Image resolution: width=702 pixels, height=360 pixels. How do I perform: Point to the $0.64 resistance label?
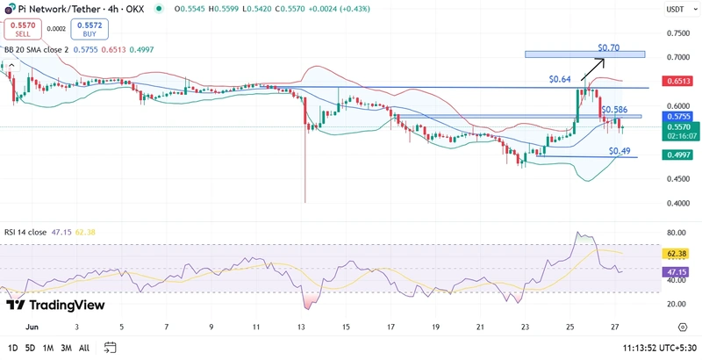tap(560, 79)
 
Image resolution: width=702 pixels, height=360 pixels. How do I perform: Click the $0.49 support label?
tap(620, 151)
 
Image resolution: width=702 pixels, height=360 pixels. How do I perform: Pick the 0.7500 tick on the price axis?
tap(677, 33)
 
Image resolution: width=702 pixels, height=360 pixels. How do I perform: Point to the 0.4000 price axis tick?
tap(677, 203)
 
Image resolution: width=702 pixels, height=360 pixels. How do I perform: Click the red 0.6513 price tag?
tap(677, 81)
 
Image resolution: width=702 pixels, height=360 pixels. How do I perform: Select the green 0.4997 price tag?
tap(677, 155)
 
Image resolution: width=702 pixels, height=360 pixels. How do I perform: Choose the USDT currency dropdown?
tap(677, 9)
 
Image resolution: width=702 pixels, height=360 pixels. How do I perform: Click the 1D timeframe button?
tap(12, 348)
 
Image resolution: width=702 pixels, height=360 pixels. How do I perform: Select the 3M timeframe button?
tap(67, 348)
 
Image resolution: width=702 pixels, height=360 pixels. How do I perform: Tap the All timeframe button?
tap(84, 348)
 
